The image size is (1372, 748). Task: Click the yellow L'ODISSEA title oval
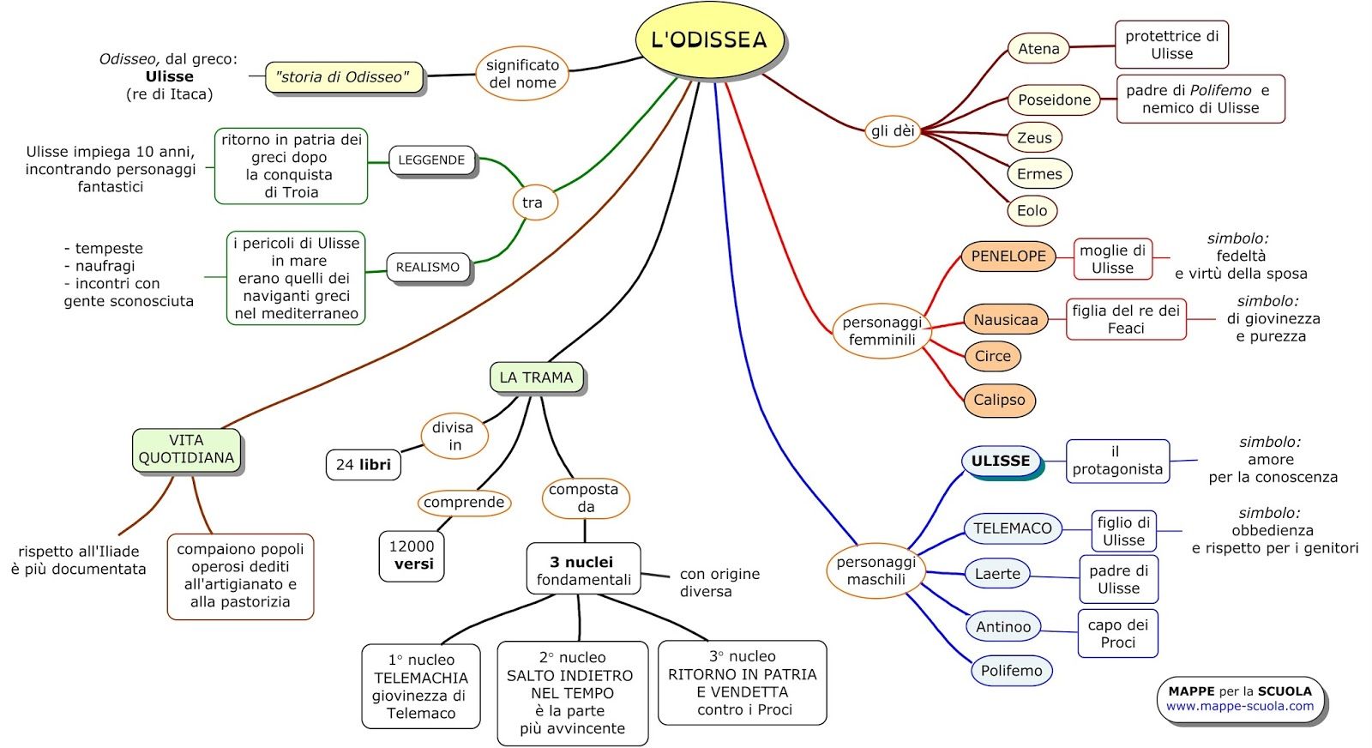pos(709,39)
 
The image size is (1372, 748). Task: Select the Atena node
pos(1038,49)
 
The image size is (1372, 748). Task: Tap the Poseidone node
pos(1054,100)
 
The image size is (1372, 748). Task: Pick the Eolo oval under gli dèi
pos(1032,210)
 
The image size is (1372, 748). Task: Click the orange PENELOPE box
pos(1008,256)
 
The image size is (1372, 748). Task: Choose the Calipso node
pos(999,400)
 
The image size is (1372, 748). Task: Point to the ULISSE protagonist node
pos(1001,461)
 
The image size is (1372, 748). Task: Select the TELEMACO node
pos(1012,528)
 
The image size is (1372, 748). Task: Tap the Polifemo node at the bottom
pos(1011,671)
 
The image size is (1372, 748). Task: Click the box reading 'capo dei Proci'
pos(1117,633)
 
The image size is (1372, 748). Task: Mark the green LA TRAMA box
pos(536,377)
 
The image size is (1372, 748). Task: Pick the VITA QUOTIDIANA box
pos(186,449)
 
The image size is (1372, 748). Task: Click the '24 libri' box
pos(363,464)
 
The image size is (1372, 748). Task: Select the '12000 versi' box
pos(412,555)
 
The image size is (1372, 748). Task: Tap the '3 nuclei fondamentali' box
pos(583,570)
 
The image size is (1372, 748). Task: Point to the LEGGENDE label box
pos(431,160)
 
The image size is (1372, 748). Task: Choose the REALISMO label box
pos(427,268)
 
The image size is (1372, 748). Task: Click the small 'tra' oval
pos(533,203)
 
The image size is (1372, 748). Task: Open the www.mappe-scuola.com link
pos(1239,707)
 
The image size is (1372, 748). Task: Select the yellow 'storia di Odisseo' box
pos(343,77)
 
